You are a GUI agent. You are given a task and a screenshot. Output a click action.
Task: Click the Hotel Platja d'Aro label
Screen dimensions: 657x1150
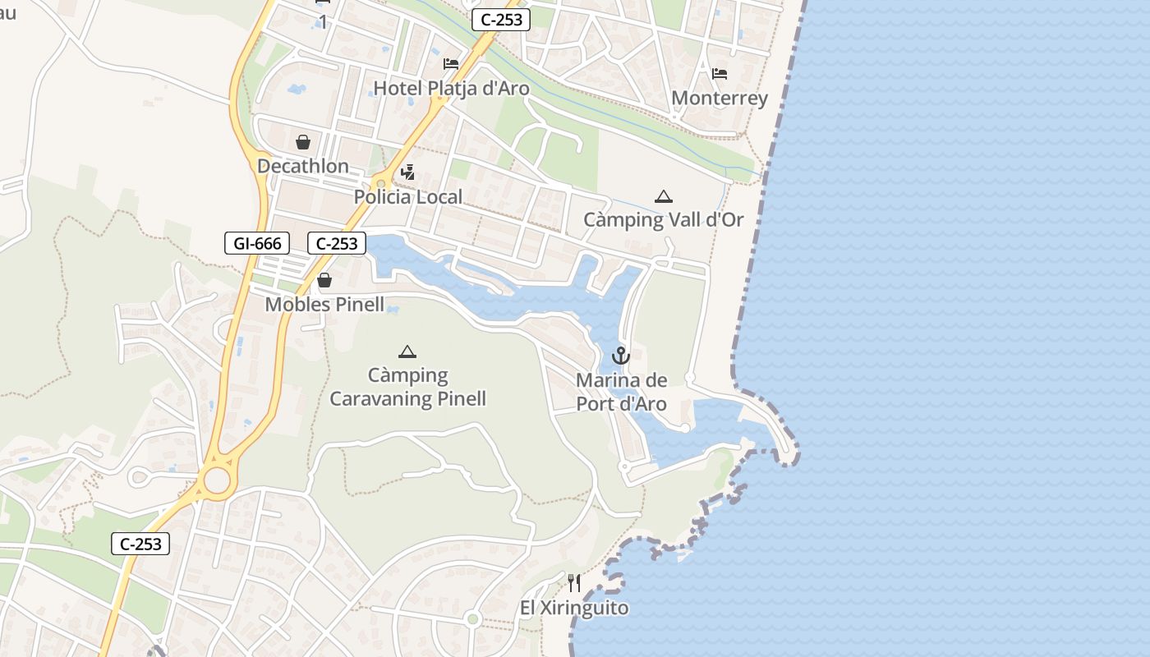coord(451,88)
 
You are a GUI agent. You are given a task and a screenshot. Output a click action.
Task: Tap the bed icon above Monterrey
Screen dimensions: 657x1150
coord(720,74)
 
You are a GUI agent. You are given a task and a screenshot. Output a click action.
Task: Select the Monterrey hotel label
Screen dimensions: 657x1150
coord(720,99)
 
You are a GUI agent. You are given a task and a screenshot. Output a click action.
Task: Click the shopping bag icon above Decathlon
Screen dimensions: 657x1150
coord(303,142)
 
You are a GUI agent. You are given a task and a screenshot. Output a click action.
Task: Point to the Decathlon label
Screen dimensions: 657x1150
coord(303,166)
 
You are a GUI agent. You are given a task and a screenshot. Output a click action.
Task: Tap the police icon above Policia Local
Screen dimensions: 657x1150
coord(407,172)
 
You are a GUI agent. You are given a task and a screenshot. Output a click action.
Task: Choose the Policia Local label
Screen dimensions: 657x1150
coord(408,197)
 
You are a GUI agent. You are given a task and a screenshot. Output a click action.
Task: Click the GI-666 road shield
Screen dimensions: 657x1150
coord(257,243)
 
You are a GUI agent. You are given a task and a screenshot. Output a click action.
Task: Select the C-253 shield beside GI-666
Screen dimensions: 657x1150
coord(337,243)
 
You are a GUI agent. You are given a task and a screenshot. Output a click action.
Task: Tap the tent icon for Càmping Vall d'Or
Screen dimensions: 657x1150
coord(663,196)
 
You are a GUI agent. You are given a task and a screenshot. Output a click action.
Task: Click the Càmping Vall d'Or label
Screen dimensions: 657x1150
coord(663,220)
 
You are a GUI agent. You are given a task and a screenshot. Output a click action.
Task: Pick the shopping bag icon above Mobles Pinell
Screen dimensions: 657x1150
coord(324,281)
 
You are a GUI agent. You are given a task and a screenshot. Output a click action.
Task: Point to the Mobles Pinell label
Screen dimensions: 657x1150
coord(324,305)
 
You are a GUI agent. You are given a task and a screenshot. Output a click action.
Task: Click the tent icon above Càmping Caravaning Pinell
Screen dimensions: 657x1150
coord(407,352)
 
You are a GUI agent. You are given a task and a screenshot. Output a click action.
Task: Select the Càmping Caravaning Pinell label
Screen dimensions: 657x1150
coord(407,388)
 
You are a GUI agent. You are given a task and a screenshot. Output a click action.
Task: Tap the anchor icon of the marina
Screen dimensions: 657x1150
coord(621,356)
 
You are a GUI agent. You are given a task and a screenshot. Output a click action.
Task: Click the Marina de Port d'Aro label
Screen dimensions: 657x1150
coord(621,392)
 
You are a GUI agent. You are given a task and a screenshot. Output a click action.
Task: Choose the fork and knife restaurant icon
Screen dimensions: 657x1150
coord(574,584)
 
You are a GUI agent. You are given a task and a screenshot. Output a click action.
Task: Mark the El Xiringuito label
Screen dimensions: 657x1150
coord(574,609)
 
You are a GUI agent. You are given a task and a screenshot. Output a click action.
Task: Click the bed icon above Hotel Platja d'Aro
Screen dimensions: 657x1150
coord(451,64)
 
